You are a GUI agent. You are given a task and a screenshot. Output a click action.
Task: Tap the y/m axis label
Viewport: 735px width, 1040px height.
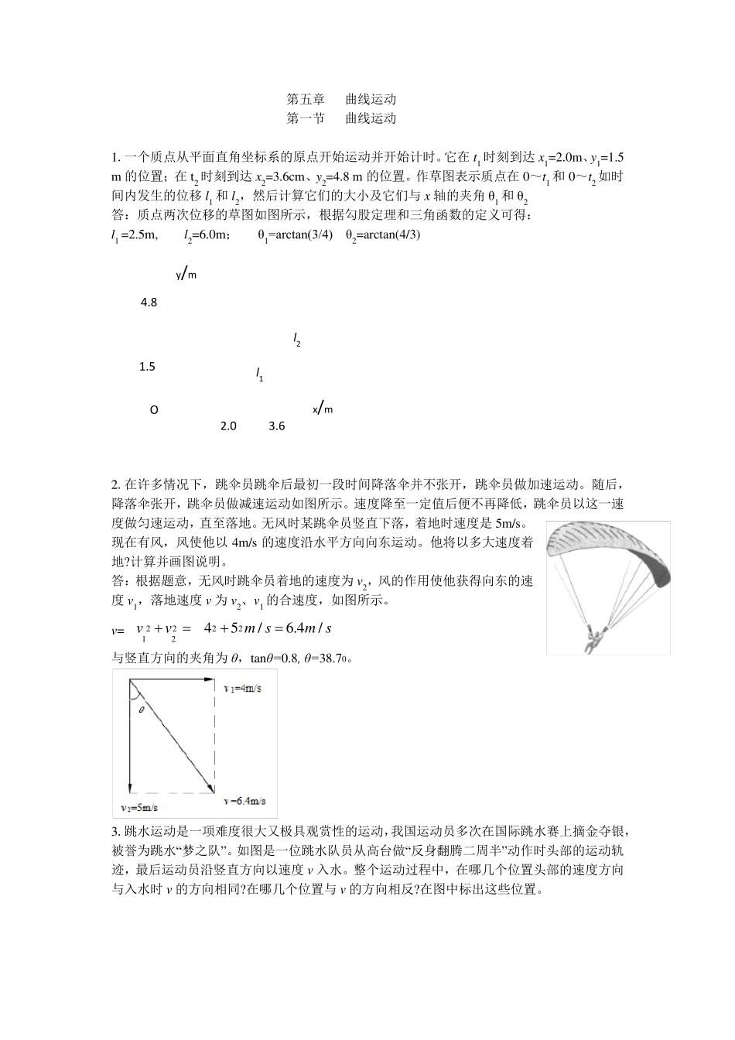tap(186, 273)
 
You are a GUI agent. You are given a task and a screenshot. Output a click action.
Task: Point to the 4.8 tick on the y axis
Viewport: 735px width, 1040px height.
tap(149, 303)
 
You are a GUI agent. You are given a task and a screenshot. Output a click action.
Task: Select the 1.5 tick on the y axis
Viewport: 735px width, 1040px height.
tap(147, 367)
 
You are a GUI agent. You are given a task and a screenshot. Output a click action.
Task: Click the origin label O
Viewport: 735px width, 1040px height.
tap(154, 410)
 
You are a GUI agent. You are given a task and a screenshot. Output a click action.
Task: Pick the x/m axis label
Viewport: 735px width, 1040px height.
tap(323, 408)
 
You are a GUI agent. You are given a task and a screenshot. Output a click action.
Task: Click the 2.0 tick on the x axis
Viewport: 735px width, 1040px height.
tap(228, 426)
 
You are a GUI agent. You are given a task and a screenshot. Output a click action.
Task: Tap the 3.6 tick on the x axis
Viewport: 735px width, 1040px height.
tap(277, 426)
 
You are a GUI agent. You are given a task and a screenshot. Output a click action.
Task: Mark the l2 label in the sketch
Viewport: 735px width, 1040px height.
tap(296, 339)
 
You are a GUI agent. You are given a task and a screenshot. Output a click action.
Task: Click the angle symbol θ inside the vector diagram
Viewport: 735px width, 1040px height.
tap(141, 708)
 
